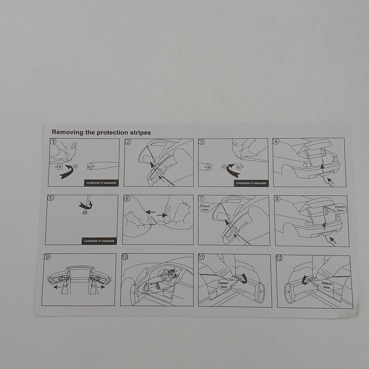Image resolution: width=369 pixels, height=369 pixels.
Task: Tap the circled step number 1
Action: pyautogui.click(x=53, y=142)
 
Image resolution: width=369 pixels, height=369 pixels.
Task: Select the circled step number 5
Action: pyautogui.click(x=50, y=198)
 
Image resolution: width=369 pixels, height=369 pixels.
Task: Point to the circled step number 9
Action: pyautogui.click(x=47, y=256)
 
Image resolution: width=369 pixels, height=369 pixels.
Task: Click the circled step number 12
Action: pyautogui.click(x=279, y=258)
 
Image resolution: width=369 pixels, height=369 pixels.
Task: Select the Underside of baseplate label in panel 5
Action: pyautogui.click(x=99, y=241)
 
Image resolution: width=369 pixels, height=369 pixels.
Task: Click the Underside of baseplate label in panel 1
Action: pyautogui.click(x=101, y=183)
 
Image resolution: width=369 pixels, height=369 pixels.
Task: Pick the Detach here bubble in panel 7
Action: pyautogui.click(x=205, y=208)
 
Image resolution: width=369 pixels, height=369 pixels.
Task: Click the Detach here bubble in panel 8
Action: pyautogui.click(x=340, y=208)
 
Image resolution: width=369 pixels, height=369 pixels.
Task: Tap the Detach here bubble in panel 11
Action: pyautogui.click(x=223, y=285)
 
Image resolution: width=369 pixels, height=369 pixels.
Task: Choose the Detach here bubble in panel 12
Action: pyautogui.click(x=327, y=285)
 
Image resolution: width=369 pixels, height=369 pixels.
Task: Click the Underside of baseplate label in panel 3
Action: pyautogui.click(x=251, y=183)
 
